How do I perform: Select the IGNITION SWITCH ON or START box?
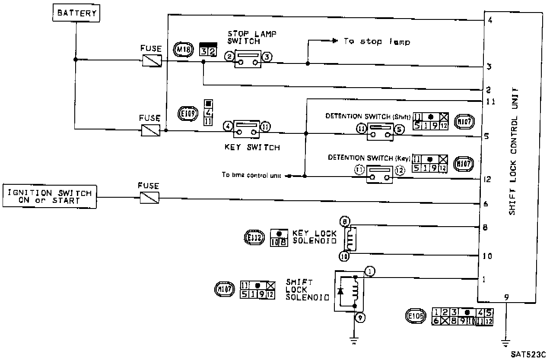(50, 196)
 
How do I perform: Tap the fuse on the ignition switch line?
(149, 198)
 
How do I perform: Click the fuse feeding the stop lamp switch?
(152, 60)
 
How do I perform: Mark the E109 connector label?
(188, 114)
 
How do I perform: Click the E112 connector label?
(253, 238)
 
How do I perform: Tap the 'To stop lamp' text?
(377, 42)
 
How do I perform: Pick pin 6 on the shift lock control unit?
(486, 204)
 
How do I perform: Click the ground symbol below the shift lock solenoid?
(355, 340)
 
